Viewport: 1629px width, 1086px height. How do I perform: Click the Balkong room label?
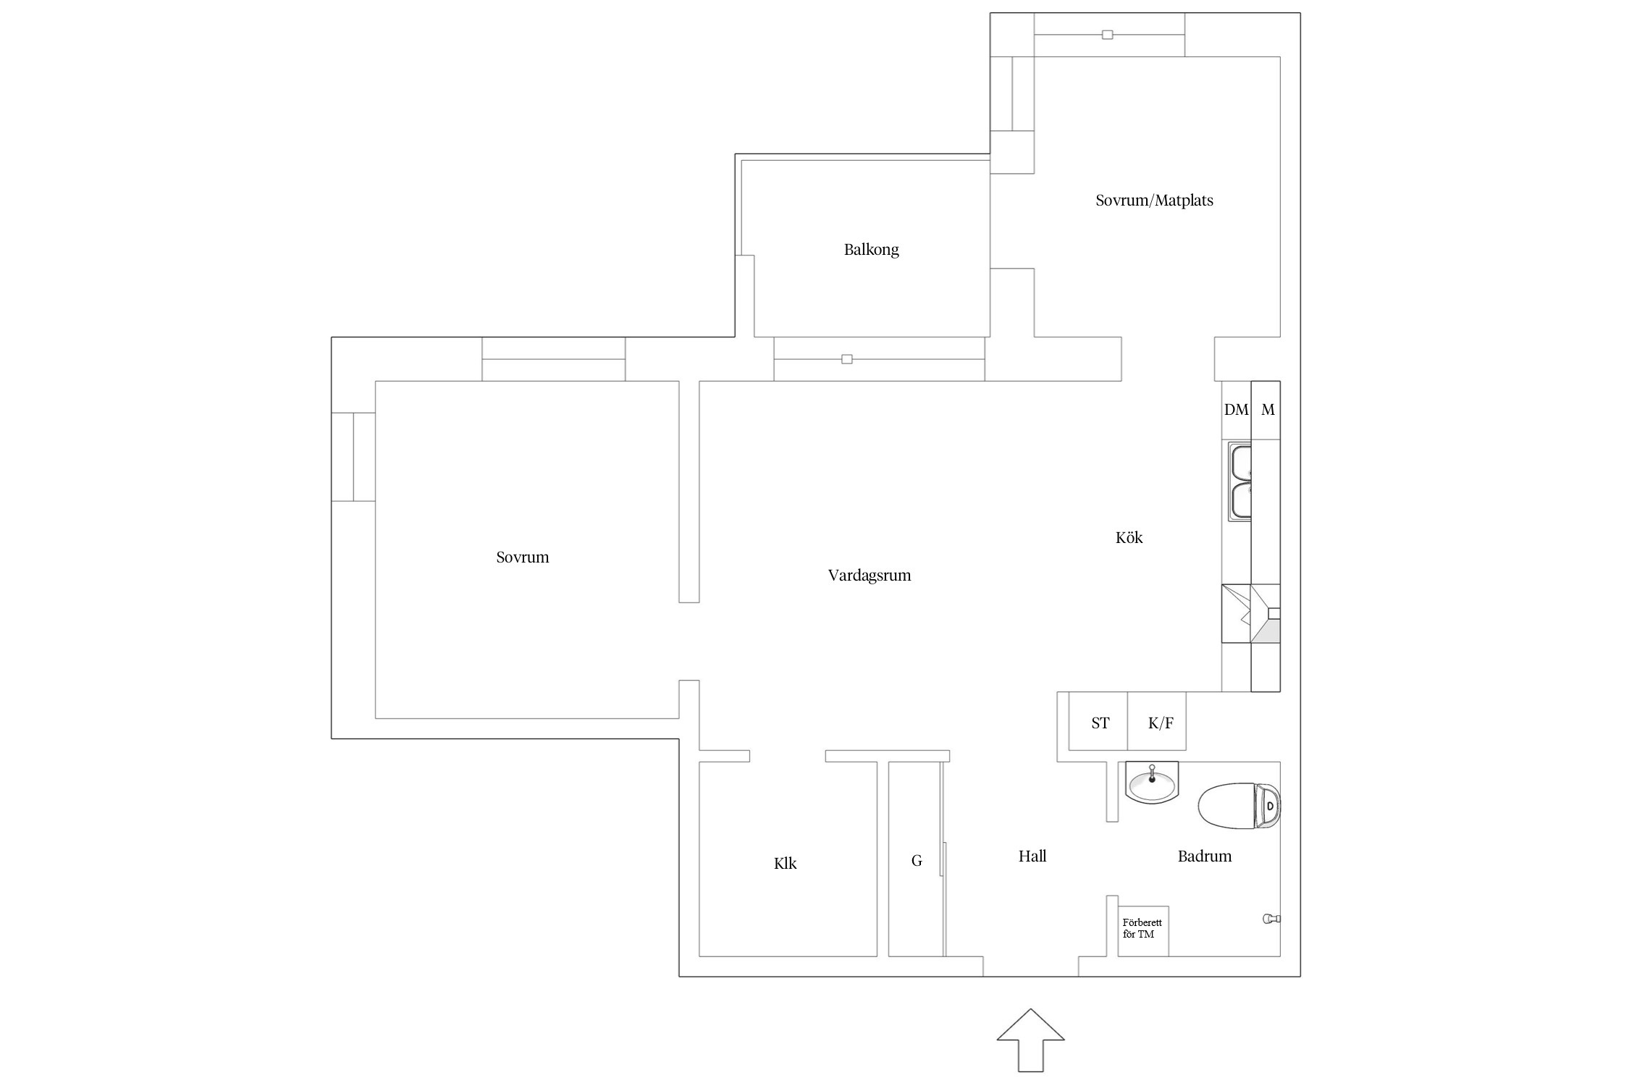click(x=871, y=250)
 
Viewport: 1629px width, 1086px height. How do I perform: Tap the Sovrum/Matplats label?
click(x=1154, y=201)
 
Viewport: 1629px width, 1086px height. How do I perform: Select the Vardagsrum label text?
click(x=869, y=576)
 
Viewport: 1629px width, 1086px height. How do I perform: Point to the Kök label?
click(x=1129, y=537)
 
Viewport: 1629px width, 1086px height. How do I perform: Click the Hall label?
click(x=1032, y=856)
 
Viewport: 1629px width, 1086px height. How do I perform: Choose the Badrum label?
click(x=1204, y=856)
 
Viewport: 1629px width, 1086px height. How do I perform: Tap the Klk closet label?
click(x=785, y=863)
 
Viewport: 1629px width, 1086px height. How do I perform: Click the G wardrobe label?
click(x=917, y=861)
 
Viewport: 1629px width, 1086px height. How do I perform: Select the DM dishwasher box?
click(x=1237, y=410)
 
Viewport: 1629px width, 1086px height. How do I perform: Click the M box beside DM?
click(x=1266, y=410)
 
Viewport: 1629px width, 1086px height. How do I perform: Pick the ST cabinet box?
click(x=1098, y=721)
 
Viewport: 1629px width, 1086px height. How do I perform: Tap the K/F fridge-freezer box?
click(x=1157, y=721)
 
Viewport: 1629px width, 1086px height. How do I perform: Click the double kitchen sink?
click(x=1240, y=483)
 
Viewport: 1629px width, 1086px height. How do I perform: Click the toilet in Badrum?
click(x=1239, y=805)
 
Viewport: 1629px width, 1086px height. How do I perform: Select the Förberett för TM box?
click(x=1143, y=931)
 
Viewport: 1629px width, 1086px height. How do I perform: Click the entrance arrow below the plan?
click(x=1031, y=1040)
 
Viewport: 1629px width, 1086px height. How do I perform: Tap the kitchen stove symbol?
click(x=1251, y=613)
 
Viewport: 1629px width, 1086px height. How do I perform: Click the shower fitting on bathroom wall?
click(x=1271, y=919)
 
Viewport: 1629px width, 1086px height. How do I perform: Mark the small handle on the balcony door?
click(x=847, y=359)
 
